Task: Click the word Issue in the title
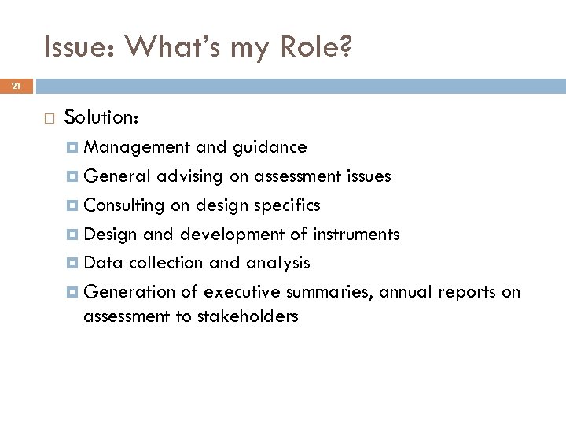70,50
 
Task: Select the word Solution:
102,117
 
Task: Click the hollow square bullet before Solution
49,118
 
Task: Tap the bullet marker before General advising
72,177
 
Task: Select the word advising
191,176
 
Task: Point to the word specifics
285,205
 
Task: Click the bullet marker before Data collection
72,264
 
